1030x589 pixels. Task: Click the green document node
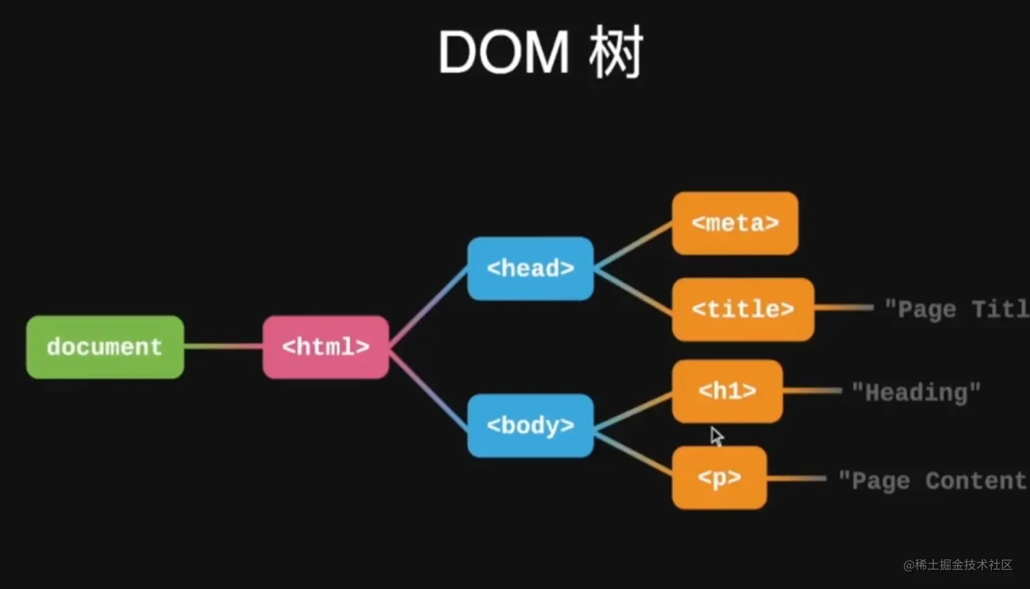[105, 347]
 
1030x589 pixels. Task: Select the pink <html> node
[326, 347]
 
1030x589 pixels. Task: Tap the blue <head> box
[530, 268]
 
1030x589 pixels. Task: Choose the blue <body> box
[530, 426]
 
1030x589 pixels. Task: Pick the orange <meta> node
[735, 223]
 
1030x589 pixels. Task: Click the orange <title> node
[743, 309]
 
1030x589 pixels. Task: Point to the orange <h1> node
[727, 391]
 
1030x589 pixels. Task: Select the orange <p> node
[719, 477]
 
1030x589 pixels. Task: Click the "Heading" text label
[916, 392]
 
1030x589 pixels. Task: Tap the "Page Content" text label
[932, 481]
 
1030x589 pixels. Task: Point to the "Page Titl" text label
[956, 309]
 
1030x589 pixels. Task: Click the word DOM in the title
[503, 53]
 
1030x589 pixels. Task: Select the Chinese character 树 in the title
[616, 53]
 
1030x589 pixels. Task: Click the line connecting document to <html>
[223, 347]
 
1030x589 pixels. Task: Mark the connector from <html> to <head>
[428, 307]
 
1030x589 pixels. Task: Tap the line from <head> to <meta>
[633, 246]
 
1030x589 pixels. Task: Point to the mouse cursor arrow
[716, 436]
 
